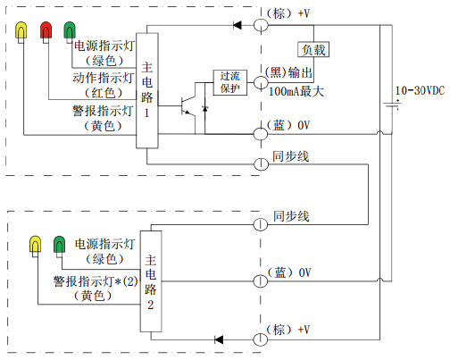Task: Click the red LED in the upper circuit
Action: pyautogui.click(x=46, y=29)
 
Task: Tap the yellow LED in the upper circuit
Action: pyautogui.click(x=21, y=29)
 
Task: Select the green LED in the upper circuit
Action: pyautogui.click(x=70, y=29)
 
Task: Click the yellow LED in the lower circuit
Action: pyautogui.click(x=35, y=244)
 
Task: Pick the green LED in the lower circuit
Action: pyautogui.click(x=59, y=244)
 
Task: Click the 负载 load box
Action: pyautogui.click(x=313, y=49)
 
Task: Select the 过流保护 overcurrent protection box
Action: pyautogui.click(x=230, y=82)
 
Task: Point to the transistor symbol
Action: pyautogui.click(x=188, y=106)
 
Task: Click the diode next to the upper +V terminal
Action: pyautogui.click(x=237, y=25)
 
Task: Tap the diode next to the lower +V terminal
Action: pyautogui.click(x=219, y=339)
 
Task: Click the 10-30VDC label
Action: pyautogui.click(x=420, y=91)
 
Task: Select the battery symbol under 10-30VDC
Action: pyautogui.click(x=392, y=105)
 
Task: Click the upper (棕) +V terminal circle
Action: pyautogui.click(x=261, y=25)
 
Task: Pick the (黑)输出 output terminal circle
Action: pyautogui.click(x=261, y=82)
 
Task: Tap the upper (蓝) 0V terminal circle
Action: pyautogui.click(x=261, y=134)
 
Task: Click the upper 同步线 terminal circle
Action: pyautogui.click(x=261, y=164)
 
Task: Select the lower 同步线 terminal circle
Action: pyautogui.click(x=261, y=224)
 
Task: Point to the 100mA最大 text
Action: pyautogui.click(x=296, y=91)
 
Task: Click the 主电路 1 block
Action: pyautogui.click(x=147, y=90)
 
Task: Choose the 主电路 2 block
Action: pyautogui.click(x=151, y=281)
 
